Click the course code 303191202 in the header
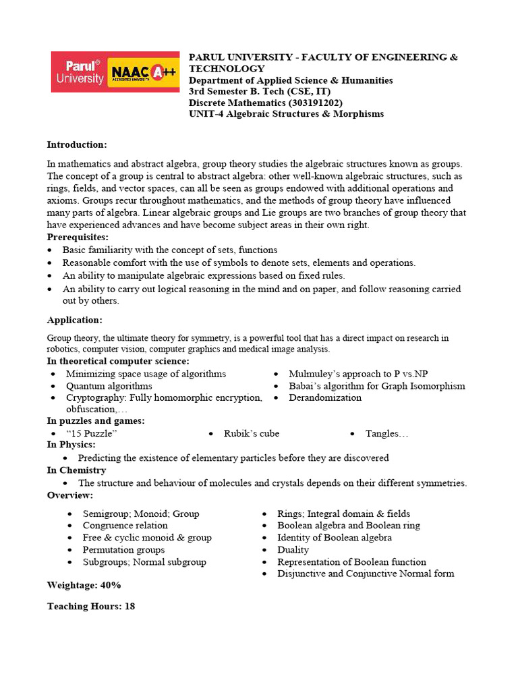click(316, 103)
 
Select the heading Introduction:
click(76, 144)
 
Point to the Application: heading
click(74, 320)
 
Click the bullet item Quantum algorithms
click(109, 386)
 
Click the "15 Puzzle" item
click(92, 433)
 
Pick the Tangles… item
click(386, 433)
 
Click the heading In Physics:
click(71, 445)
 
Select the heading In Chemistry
click(76, 470)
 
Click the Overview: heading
click(70, 495)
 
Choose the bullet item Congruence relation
click(125, 526)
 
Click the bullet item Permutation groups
click(123, 550)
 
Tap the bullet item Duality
click(293, 550)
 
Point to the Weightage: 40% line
click(84, 585)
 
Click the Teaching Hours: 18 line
click(91, 607)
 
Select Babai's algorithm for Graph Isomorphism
click(376, 386)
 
